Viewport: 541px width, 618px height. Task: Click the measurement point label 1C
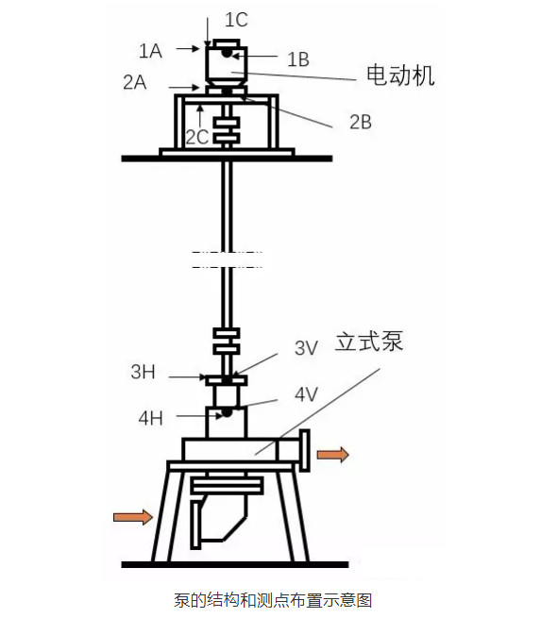(236, 20)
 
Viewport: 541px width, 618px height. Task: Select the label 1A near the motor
(150, 51)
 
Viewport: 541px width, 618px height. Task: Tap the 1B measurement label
(298, 59)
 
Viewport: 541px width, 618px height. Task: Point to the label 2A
(135, 83)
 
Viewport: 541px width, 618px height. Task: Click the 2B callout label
(361, 122)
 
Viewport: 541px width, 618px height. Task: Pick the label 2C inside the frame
(196, 138)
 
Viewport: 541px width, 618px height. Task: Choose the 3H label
(143, 372)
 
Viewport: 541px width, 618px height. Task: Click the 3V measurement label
(307, 348)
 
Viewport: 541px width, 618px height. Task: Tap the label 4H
(151, 418)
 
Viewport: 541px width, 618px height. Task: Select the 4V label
(307, 394)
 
